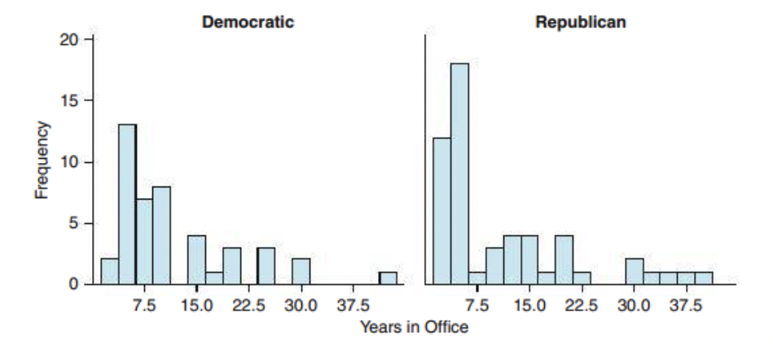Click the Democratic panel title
(x=248, y=22)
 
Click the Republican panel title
(x=581, y=22)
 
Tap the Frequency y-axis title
(x=42, y=160)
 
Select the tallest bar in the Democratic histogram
(x=126, y=204)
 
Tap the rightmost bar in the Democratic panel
(x=388, y=278)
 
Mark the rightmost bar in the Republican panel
(x=704, y=278)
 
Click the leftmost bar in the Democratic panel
(x=109, y=271)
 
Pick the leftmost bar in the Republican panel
(x=441, y=211)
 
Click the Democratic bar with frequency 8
(x=161, y=235)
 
